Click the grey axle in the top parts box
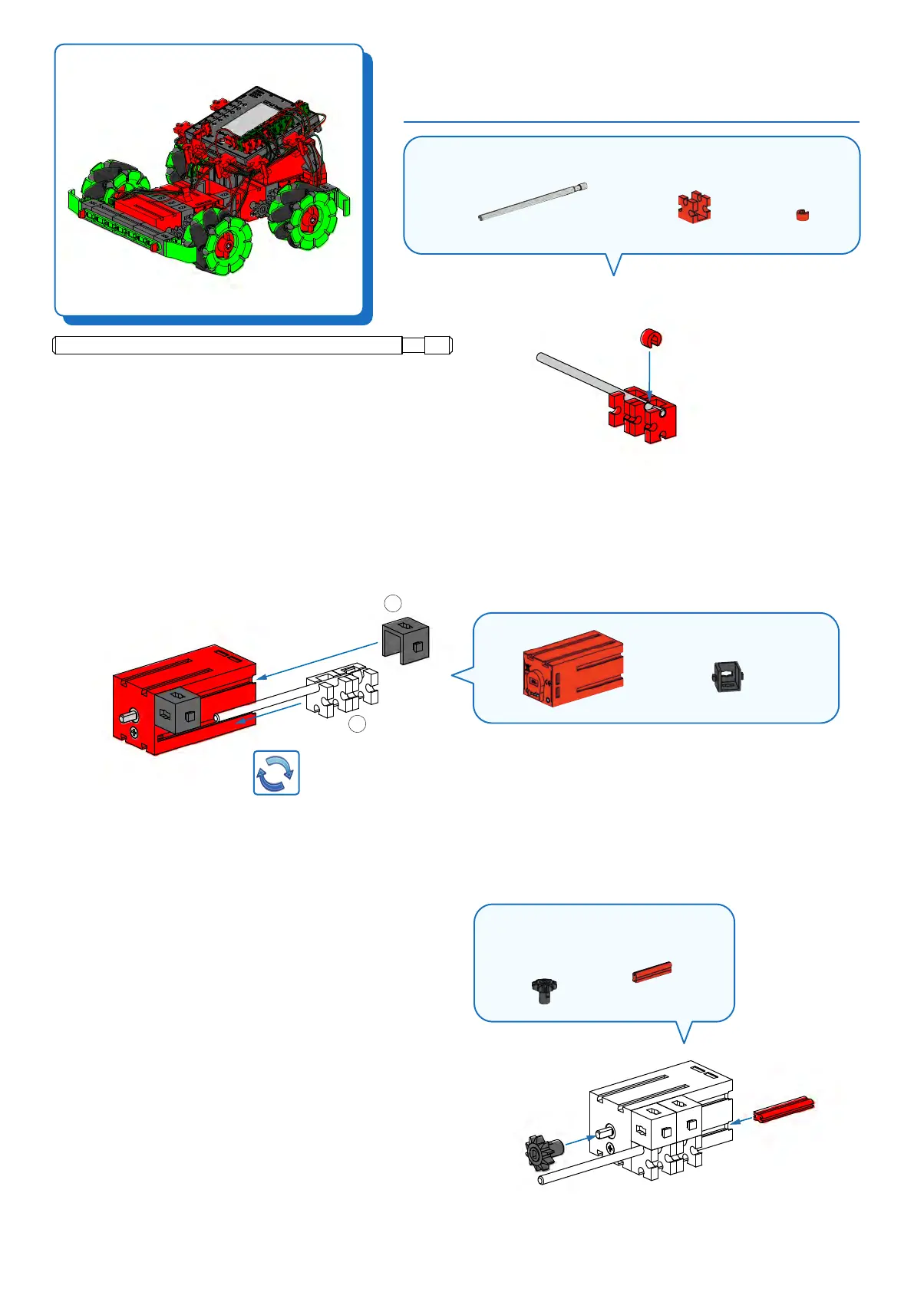click(533, 203)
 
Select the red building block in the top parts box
click(694, 207)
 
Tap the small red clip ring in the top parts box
click(802, 215)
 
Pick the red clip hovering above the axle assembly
click(651, 338)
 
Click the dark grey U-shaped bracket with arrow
click(405, 641)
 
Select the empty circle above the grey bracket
click(393, 602)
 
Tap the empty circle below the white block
click(357, 723)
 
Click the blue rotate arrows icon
click(276, 773)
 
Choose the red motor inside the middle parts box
click(572, 669)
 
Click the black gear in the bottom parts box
click(543, 990)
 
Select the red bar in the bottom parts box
click(652, 971)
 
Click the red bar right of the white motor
click(783, 1109)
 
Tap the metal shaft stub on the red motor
click(128, 716)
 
